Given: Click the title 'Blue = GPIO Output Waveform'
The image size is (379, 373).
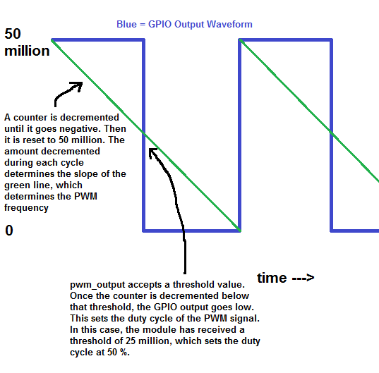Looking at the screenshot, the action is [x=184, y=25].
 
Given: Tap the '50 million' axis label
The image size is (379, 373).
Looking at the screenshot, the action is [x=27, y=42].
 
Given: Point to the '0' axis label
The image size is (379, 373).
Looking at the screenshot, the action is [x=9, y=231].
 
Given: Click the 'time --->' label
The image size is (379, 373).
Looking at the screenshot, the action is [x=285, y=278].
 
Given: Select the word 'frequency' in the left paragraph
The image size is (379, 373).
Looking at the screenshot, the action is [x=26, y=208].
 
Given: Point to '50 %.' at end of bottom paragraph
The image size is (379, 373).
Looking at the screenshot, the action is [x=119, y=353].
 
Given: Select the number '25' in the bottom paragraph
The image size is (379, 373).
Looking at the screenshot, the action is [x=131, y=341].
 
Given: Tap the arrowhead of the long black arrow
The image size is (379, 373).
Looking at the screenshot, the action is [x=152, y=152].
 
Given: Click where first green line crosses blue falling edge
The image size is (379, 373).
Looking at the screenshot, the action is [x=144, y=133].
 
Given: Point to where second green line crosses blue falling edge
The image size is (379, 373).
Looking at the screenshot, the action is [x=332, y=133].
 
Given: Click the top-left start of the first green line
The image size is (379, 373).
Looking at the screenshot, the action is [x=52, y=40].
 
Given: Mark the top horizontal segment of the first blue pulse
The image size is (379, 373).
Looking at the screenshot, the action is [x=98, y=39].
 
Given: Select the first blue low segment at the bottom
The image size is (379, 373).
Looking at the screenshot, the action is [x=192, y=231].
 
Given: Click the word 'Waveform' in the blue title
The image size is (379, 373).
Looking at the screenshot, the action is [x=229, y=25].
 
